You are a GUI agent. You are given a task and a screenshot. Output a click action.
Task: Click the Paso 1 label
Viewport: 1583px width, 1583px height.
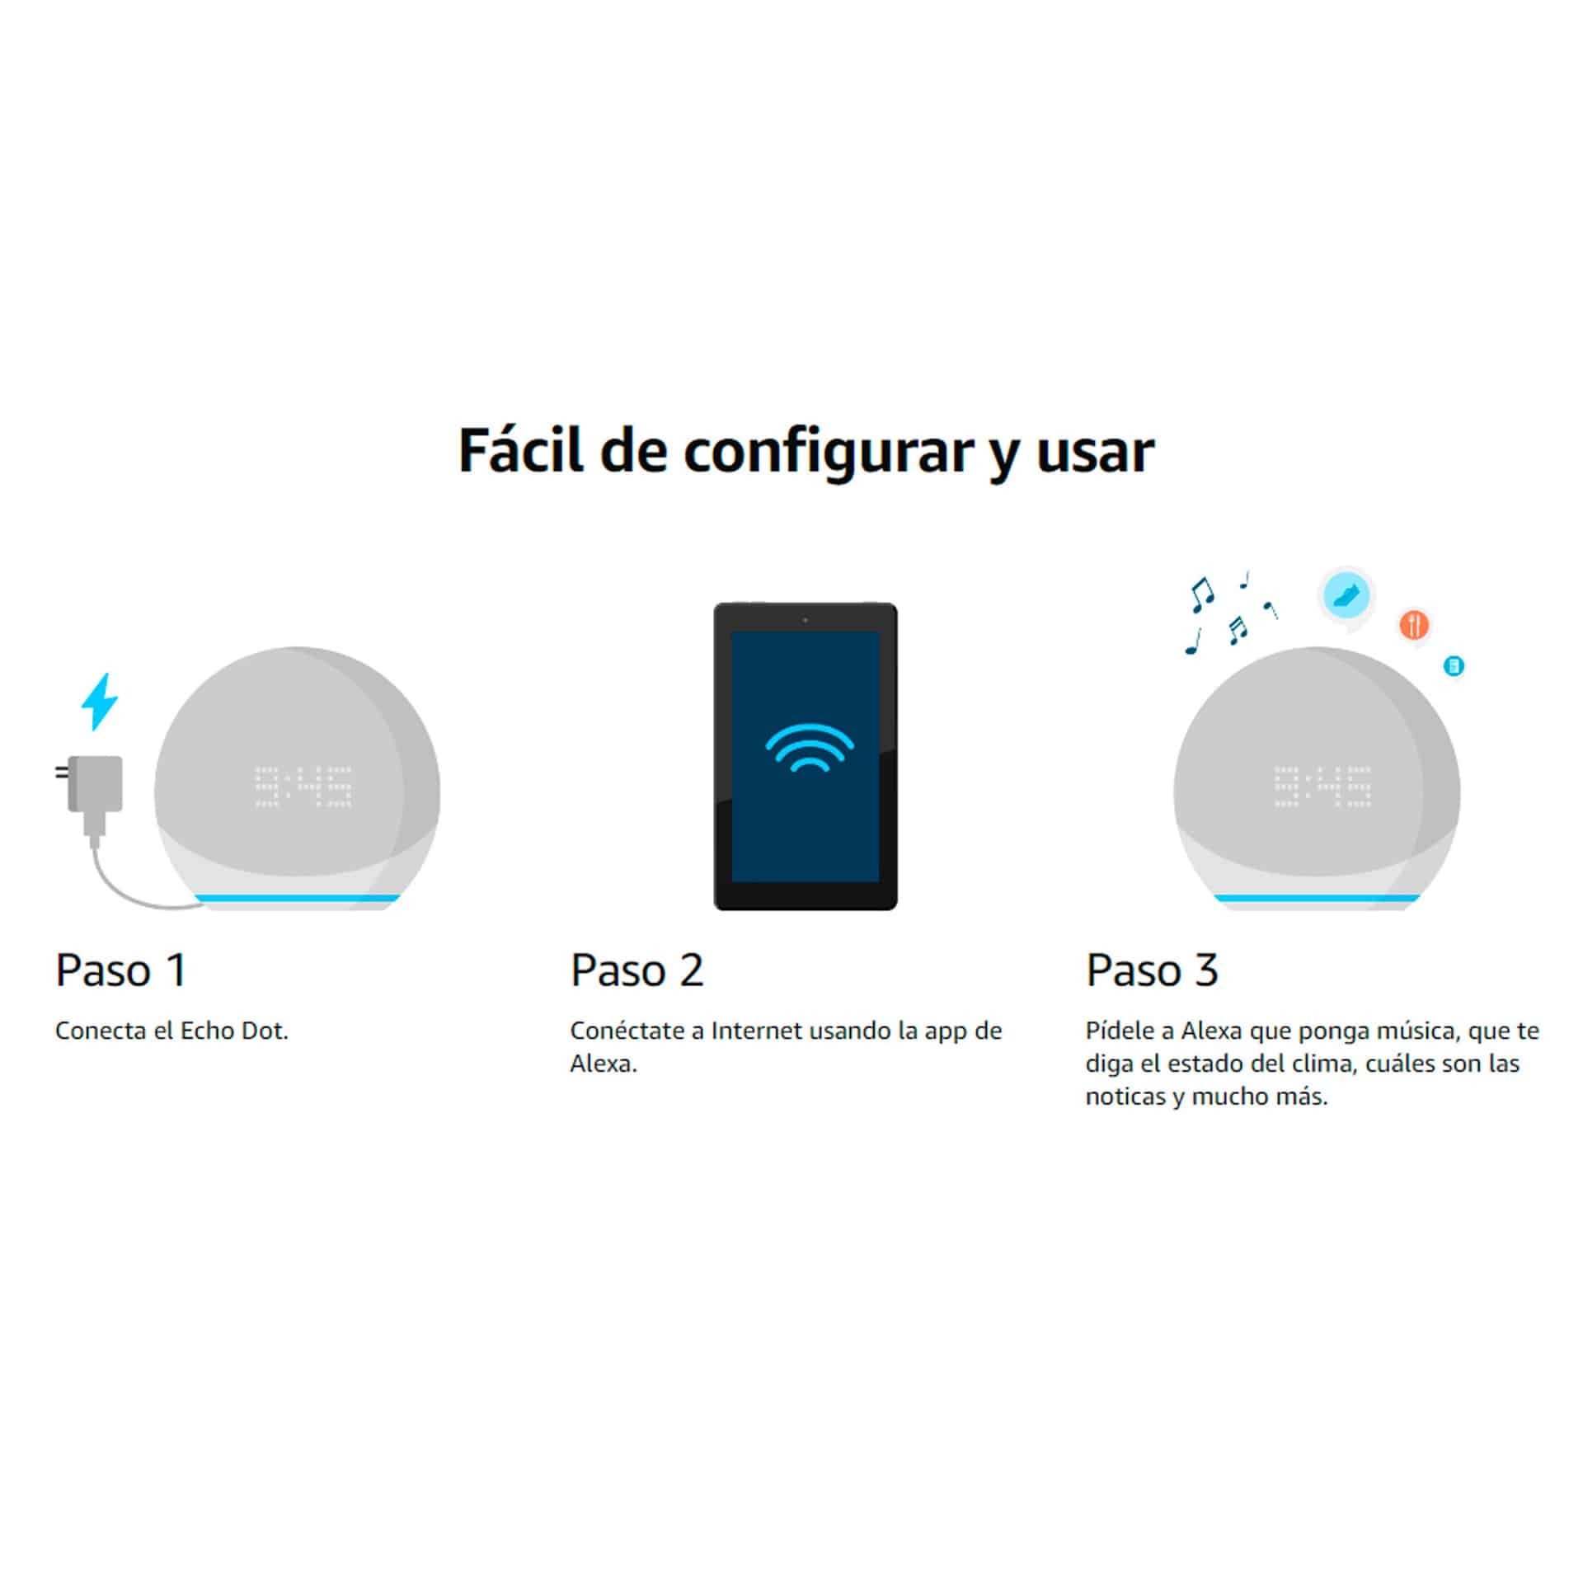121,970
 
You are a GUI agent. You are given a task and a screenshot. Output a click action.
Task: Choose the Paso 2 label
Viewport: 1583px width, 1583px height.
636,970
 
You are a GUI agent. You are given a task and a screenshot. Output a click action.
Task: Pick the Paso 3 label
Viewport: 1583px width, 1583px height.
1152,970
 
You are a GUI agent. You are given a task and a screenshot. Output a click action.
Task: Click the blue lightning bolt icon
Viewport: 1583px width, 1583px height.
99,702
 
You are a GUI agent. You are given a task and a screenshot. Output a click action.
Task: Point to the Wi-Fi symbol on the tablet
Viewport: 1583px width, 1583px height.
809,747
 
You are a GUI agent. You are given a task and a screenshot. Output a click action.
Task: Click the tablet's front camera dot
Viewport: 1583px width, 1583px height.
805,619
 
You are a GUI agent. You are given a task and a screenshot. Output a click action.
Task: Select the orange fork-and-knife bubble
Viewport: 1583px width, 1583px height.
1413,625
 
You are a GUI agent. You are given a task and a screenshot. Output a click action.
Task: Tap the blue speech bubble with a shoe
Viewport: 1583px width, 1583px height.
1346,596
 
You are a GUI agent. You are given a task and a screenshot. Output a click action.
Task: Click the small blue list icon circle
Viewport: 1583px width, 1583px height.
1454,665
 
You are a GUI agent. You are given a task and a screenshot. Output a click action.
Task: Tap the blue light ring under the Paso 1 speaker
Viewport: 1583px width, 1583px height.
297,898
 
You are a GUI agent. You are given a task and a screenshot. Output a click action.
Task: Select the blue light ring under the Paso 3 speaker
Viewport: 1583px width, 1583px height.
1318,898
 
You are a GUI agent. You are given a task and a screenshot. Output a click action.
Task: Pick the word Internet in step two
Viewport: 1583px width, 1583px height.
756,1031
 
